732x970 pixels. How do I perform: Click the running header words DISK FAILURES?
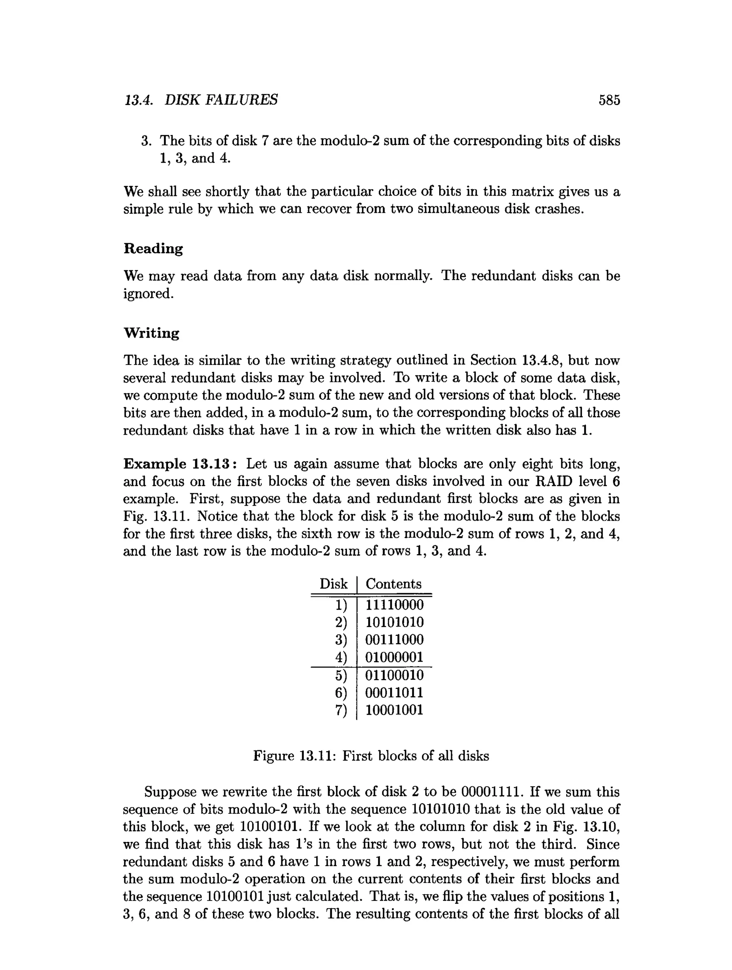coord(221,100)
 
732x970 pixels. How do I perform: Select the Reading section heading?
coord(153,248)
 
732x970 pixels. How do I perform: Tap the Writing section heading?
coord(152,333)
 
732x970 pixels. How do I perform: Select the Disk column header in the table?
coord(333,584)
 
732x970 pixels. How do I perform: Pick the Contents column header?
coord(393,584)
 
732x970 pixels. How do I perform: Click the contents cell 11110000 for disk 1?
coord(394,605)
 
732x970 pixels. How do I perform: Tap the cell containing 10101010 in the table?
coord(394,622)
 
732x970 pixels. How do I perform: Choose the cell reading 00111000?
coord(394,640)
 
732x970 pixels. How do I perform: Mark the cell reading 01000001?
coord(394,658)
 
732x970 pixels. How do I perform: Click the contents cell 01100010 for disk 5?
coord(394,675)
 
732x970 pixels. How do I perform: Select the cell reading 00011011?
coord(394,693)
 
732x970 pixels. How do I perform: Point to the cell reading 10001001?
coord(394,710)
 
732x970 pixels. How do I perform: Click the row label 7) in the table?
coord(341,710)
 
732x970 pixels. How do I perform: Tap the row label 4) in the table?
coord(341,658)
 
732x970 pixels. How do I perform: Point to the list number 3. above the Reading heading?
coord(146,141)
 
